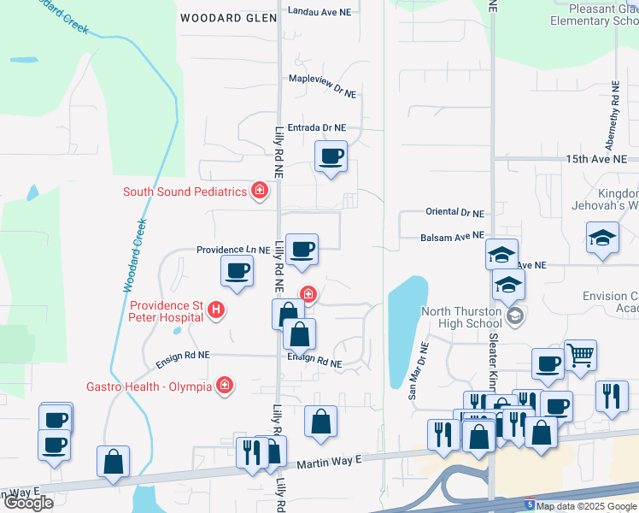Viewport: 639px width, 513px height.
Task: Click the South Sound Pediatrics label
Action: click(185, 192)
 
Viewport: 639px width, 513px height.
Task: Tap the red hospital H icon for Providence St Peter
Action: click(216, 310)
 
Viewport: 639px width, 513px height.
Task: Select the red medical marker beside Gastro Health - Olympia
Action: click(225, 386)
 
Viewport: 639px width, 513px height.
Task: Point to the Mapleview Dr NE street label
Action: click(322, 89)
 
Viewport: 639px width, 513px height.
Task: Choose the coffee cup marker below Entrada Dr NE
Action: click(331, 156)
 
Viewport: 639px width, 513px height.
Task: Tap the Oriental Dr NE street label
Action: click(454, 212)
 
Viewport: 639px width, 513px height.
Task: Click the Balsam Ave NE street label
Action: click(452, 236)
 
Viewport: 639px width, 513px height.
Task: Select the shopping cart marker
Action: click(580, 354)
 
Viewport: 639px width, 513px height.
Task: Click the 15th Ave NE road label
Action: click(595, 160)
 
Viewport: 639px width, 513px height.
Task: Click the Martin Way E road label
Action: click(329, 463)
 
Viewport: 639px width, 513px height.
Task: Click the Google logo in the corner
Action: click(27, 503)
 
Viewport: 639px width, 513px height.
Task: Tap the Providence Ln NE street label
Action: click(233, 250)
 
